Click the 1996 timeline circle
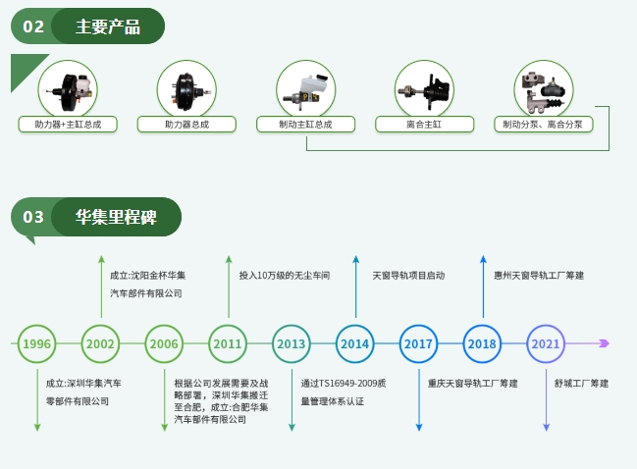(36, 343)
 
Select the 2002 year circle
(100, 343)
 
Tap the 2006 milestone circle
(164, 343)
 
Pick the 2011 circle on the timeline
(228, 343)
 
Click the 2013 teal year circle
(292, 343)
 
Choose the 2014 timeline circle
(355, 343)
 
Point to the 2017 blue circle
(419, 343)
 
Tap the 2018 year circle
(482, 343)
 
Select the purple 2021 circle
(546, 343)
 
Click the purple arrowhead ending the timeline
(604, 343)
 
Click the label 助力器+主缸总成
(68, 125)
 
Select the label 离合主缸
(424, 125)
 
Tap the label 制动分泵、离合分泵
(543, 125)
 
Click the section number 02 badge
(33, 26)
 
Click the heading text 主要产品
(108, 26)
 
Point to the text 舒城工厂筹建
(581, 383)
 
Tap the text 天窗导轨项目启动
(408, 276)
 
